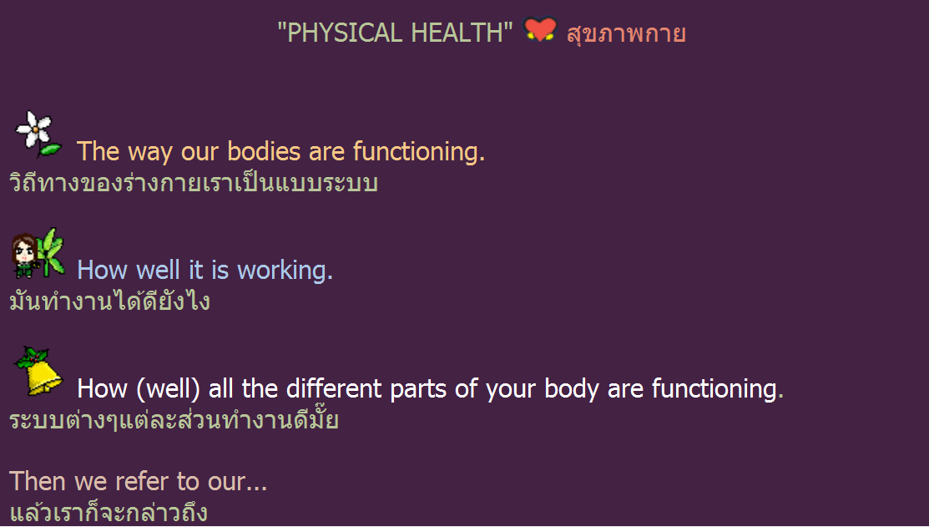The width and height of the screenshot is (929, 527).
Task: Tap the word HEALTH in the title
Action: coord(458,33)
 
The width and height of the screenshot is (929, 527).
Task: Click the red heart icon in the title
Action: coord(540,29)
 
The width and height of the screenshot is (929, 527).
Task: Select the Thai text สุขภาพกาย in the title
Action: coord(626,33)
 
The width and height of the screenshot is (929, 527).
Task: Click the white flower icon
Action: coord(38,134)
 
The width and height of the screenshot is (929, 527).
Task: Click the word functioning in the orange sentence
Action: coord(419,151)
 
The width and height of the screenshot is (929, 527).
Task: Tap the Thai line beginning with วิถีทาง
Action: coord(194,182)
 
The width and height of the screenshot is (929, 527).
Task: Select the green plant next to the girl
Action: coord(50,252)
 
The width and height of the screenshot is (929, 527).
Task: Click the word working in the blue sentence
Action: coord(285,271)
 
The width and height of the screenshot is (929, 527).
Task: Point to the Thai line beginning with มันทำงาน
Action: coord(109,300)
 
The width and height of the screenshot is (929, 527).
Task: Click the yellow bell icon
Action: coord(39,372)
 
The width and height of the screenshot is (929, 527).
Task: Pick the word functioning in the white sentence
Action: coord(718,389)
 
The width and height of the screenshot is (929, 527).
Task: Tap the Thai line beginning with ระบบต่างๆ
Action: coord(174,419)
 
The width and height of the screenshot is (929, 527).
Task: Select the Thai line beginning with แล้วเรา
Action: coord(109,511)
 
